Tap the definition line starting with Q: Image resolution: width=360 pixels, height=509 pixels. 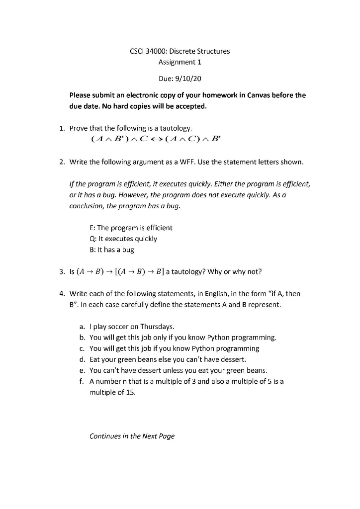[123, 239]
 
